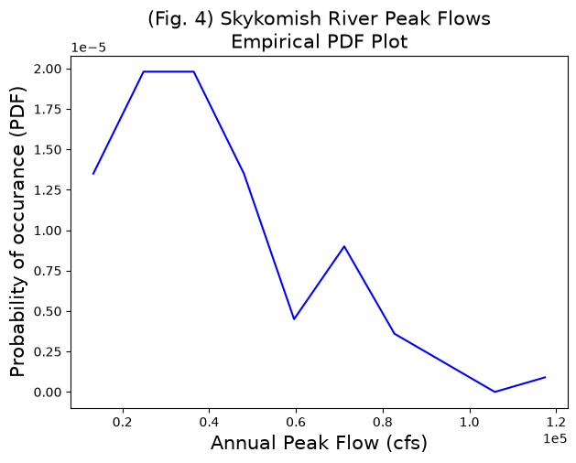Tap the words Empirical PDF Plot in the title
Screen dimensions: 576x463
[x=320, y=41]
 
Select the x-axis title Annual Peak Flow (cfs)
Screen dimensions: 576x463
[x=319, y=443]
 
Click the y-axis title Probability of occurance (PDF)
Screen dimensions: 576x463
[x=17, y=232]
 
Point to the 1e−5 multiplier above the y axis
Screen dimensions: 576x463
[x=88, y=48]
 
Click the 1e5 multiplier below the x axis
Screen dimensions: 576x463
[x=556, y=438]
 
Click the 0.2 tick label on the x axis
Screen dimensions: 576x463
[x=123, y=422]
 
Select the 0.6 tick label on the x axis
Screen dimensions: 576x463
[x=296, y=422]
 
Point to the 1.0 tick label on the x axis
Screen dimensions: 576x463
[x=470, y=422]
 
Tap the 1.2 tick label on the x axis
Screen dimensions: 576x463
[x=556, y=422]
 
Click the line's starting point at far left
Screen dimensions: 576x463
[x=93, y=174]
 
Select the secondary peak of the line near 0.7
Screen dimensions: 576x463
[x=344, y=246]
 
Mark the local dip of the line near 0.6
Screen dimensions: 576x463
[x=294, y=319]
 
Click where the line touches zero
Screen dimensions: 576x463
[x=494, y=392]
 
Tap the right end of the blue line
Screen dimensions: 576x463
[x=545, y=377]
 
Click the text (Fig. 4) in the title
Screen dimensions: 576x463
[x=180, y=18]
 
